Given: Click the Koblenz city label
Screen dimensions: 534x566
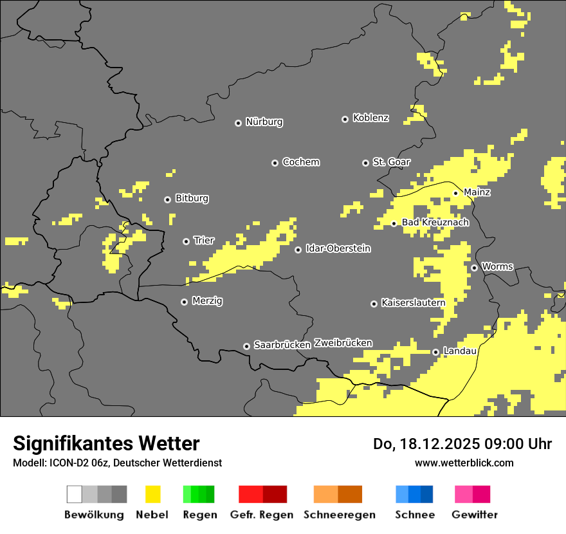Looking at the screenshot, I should coord(370,118).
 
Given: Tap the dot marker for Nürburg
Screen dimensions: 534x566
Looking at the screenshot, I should coord(238,123).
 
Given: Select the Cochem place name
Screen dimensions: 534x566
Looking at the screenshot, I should coord(300,162).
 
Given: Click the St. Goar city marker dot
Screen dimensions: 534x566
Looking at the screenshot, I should coord(365,163).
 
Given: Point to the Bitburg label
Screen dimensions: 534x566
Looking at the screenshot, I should coord(192,199).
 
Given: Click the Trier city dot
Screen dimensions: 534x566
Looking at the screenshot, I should coord(186,241).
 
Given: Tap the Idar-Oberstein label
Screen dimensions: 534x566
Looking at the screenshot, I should coord(338,248).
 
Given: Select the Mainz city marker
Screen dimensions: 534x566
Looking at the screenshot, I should coord(455,193).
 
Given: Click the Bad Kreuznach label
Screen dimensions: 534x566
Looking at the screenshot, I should coord(435,223).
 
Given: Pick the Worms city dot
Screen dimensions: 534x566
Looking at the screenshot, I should coord(474,268).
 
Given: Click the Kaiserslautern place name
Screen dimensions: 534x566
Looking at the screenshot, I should coord(413,302).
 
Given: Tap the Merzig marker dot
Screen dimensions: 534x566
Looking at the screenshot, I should coord(184,302).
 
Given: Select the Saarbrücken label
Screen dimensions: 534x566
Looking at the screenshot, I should coord(282,345).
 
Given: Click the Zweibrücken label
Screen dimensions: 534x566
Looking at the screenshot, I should coord(343,344).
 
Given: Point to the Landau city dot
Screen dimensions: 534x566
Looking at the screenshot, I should coord(435,352).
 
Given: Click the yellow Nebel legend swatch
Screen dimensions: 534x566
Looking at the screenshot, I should coord(152,494).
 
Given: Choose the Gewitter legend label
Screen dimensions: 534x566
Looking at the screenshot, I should coord(474,515).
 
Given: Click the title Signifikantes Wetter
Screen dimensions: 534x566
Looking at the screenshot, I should coord(106,443).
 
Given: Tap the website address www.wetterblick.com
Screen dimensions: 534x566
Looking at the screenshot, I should coord(464,463).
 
